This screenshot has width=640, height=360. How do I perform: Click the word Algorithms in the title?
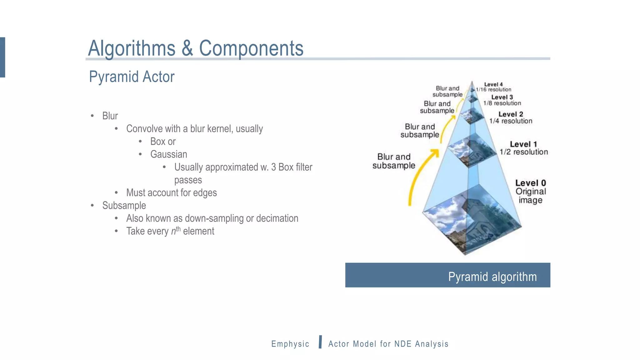point(132,48)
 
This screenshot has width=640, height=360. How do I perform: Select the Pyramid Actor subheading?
point(132,77)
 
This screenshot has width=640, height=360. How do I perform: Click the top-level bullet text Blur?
point(110,116)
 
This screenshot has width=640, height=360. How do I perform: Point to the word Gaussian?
point(168,154)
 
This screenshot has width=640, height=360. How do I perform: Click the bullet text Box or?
point(163,142)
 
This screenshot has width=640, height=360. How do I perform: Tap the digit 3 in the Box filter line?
point(273,167)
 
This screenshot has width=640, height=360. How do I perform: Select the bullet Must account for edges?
point(171,193)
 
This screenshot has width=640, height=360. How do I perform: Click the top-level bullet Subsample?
point(124,206)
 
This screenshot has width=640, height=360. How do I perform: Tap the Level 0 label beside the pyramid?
point(530,183)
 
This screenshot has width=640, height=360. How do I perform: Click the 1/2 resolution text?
point(524,152)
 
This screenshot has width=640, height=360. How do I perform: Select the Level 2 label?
point(511,114)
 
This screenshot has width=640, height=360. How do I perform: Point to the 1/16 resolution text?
point(493,90)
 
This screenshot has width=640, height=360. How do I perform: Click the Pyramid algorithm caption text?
point(492,277)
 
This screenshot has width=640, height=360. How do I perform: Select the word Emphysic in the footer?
point(290,344)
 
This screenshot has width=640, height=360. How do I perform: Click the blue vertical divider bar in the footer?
point(320,342)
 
